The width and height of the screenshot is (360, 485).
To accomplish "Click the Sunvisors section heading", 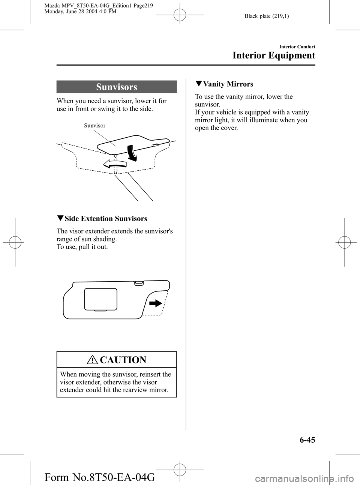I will click(x=117, y=87).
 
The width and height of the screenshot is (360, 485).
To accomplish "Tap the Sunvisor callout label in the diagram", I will click(x=94, y=126).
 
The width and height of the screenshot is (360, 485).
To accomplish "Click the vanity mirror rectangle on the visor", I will click(x=100, y=299).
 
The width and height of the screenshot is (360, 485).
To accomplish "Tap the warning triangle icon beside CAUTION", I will click(x=91, y=360).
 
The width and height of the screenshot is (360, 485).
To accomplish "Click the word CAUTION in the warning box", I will click(x=123, y=360).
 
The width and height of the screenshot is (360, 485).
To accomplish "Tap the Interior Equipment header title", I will click(x=274, y=56).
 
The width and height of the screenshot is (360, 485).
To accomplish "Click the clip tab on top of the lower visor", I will click(x=138, y=283).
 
